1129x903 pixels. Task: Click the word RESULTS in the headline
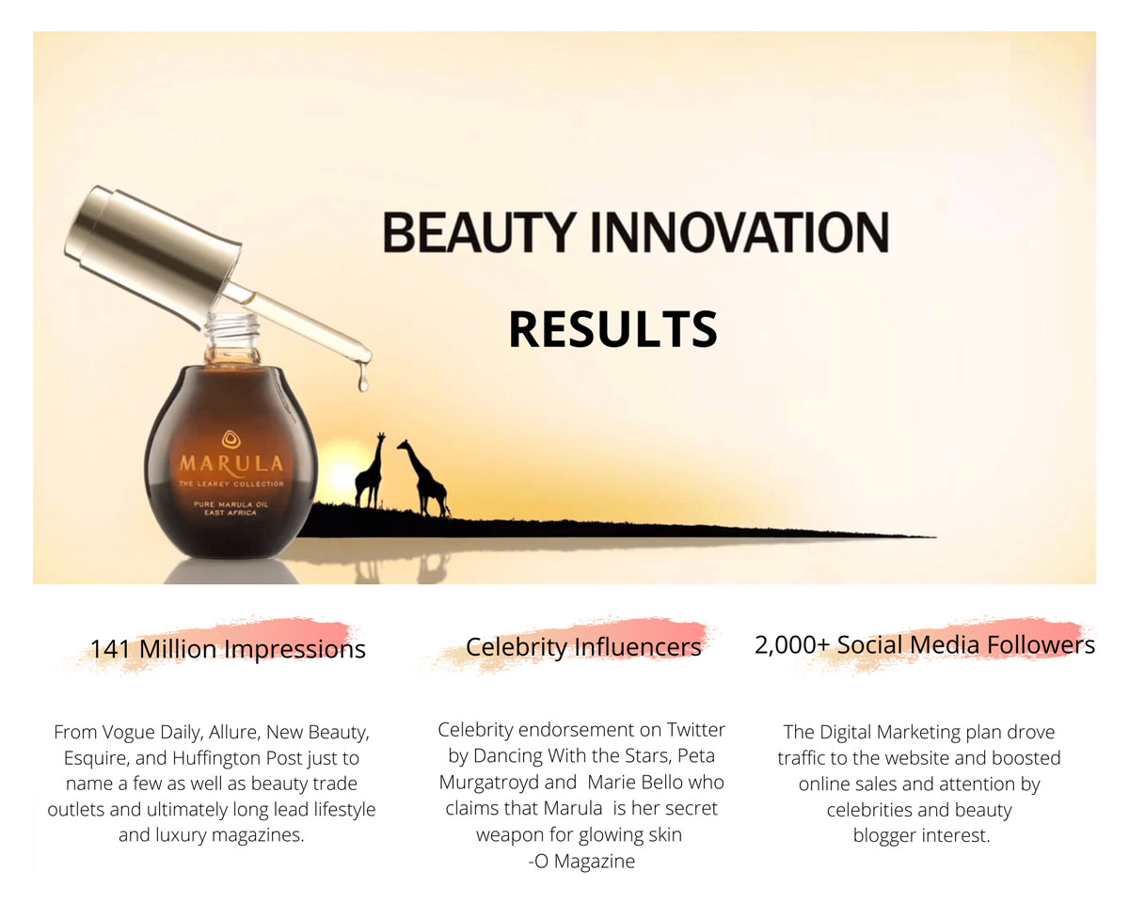point(612,329)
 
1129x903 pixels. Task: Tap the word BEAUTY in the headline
point(479,232)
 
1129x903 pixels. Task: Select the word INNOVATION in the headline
point(739,232)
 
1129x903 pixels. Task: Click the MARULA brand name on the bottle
point(231,465)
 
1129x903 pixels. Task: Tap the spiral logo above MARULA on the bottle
point(231,438)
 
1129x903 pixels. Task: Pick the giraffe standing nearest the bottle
point(371,470)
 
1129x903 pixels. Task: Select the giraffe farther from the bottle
point(424,479)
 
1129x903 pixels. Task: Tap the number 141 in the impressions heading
point(110,648)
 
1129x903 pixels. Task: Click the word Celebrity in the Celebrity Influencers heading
point(516,647)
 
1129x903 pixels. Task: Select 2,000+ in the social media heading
point(791,645)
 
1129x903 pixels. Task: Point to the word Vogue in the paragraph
point(128,733)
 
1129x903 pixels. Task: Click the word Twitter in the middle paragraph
point(695,729)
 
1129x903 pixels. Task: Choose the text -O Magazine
point(581,861)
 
